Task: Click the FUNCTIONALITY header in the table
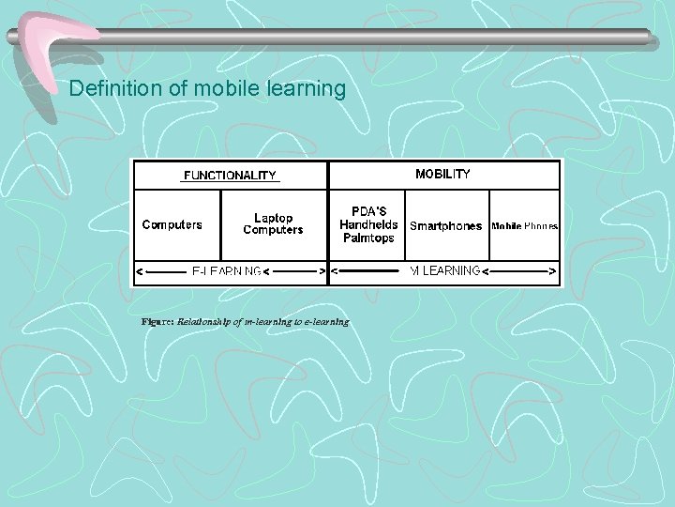(229, 175)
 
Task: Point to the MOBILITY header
(442, 174)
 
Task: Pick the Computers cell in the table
(172, 224)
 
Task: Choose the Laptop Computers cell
(273, 224)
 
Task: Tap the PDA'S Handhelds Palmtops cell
(368, 224)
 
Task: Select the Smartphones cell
(445, 225)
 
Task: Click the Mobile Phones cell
(524, 226)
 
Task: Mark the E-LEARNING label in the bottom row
(227, 271)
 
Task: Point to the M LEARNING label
(445, 271)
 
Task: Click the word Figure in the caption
(157, 321)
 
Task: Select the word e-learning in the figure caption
(325, 321)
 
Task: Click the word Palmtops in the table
(368, 238)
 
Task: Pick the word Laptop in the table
(273, 218)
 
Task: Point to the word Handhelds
(368, 224)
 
